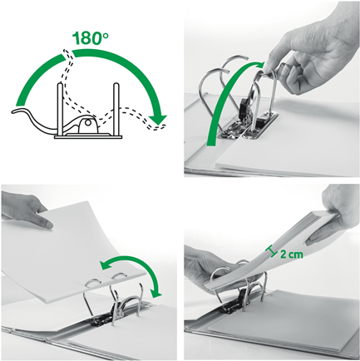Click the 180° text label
pyautogui.click(x=91, y=38)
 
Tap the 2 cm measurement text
pyautogui.click(x=292, y=254)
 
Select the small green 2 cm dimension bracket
pyautogui.click(x=272, y=251)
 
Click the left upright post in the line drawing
pyautogui.click(x=60, y=108)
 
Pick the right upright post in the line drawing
pyautogui.click(x=116, y=109)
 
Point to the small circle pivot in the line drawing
pyautogui.click(x=88, y=122)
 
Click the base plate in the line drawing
pyautogui.click(x=89, y=136)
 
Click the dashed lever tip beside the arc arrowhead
pyautogui.click(x=160, y=126)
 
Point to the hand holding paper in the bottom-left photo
pyautogui.click(x=27, y=210)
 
